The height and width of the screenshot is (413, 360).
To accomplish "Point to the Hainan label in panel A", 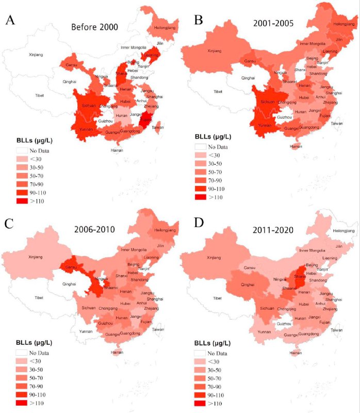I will [x=117, y=150].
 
